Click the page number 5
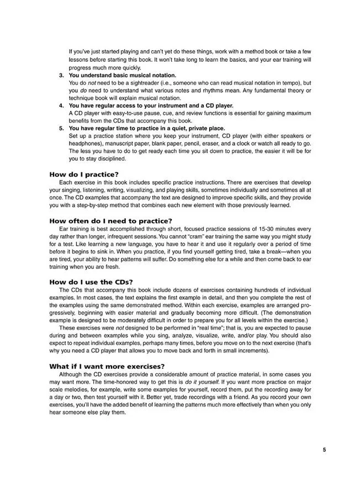coord(324,449)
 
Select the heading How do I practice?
coord(83,174)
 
